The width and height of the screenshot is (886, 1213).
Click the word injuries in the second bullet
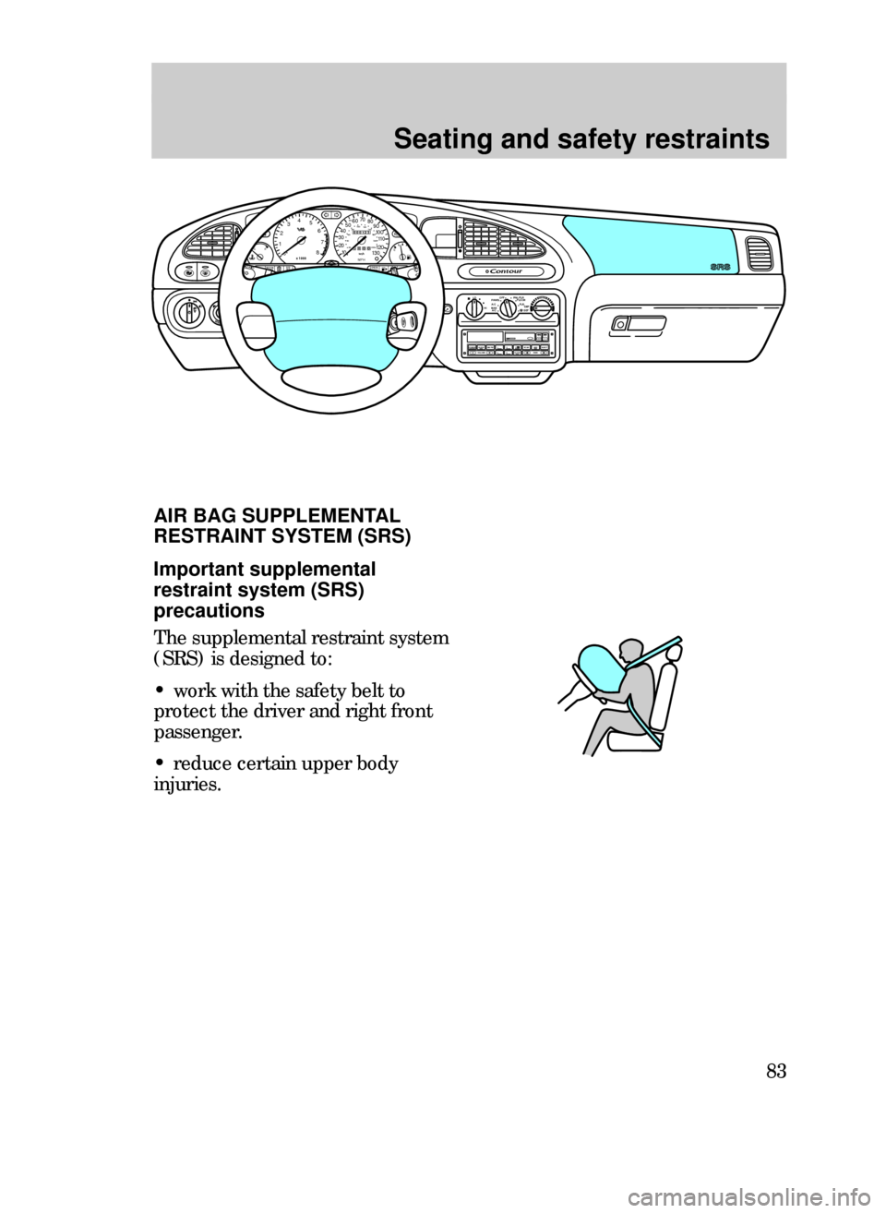180,787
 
